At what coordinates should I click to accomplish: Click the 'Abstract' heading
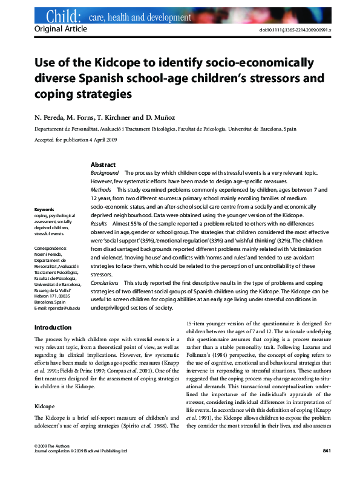click(103, 164)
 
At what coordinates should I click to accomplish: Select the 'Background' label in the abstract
click(105, 173)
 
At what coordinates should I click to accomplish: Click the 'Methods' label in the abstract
click(100, 189)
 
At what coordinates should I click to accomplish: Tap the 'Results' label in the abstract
click(99, 223)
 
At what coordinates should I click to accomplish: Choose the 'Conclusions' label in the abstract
click(105, 282)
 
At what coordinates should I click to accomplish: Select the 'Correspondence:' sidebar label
click(51, 249)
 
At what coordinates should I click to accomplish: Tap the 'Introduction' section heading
click(53, 328)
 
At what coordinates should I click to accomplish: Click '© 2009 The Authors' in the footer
click(48, 462)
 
